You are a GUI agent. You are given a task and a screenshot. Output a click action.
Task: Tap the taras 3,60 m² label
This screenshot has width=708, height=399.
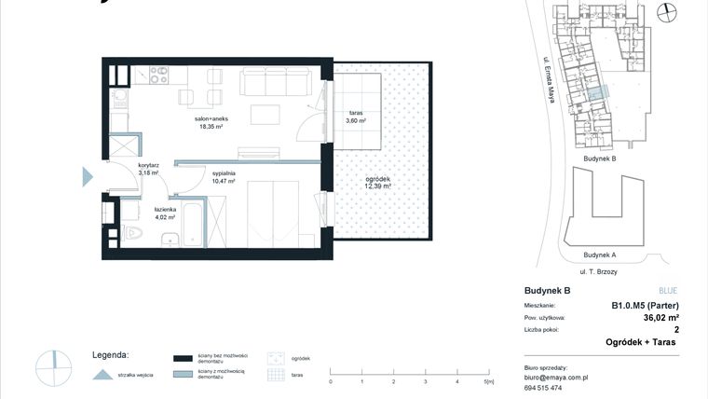click(355, 117)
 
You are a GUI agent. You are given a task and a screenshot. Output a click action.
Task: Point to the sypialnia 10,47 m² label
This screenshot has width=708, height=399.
click(224, 177)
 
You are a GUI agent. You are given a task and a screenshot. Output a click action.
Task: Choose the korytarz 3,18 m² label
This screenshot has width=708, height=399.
click(148, 169)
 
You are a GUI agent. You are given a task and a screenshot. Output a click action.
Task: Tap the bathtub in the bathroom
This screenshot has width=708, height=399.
click(193, 224)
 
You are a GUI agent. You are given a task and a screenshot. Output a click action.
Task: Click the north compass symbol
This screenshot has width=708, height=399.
click(665, 12)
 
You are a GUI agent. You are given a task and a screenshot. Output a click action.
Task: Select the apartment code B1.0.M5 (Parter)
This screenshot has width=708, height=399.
click(644, 305)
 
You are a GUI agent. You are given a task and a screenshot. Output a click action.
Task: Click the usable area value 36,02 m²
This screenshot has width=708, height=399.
click(656, 317)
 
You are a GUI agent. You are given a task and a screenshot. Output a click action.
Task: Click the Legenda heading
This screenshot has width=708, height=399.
click(110, 355)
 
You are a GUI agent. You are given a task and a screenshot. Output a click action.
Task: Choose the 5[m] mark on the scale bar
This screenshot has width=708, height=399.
click(488, 381)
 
